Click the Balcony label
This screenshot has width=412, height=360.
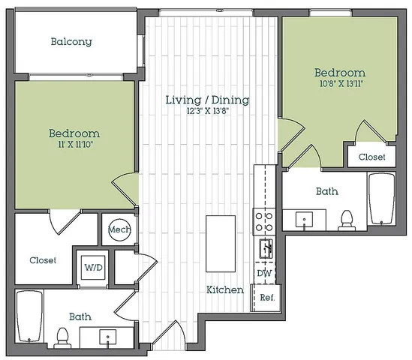[71, 42]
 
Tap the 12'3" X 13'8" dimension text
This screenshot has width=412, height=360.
[208, 111]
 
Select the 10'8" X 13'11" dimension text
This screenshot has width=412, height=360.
[341, 84]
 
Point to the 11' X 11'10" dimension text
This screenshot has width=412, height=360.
[75, 145]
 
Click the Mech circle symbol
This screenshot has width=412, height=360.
[119, 230]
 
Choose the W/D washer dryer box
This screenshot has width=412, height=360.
[93, 268]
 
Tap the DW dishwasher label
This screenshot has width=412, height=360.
[264, 273]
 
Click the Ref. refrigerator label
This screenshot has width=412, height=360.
[267, 298]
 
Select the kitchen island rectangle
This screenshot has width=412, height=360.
[221, 244]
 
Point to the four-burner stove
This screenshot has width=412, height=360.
[264, 221]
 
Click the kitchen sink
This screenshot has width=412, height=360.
[266, 248]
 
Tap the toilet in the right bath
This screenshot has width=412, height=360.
[346, 220]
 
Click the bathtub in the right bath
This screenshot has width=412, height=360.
[382, 199]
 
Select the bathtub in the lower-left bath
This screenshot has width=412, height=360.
[29, 316]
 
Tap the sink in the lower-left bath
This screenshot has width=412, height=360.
[108, 337]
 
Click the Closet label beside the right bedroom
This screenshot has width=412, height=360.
[371, 157]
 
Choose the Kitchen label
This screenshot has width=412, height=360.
[225, 290]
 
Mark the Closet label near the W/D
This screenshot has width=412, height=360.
[43, 260]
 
